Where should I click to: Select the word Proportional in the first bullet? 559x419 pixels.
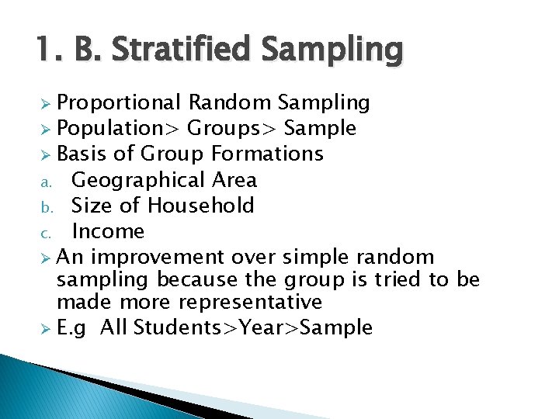coord(120,103)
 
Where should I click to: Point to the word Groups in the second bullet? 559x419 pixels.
coord(227,129)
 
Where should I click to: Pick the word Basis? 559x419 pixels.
coord(84,154)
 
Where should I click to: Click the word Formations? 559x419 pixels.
coord(267,154)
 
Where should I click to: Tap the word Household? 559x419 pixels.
coord(201,206)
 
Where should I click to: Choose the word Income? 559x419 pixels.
coord(108,231)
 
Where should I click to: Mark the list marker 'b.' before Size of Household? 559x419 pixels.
coord(46,207)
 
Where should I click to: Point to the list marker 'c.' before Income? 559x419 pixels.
coord(46,233)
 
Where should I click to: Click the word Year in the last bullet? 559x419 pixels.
coord(261,327)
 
